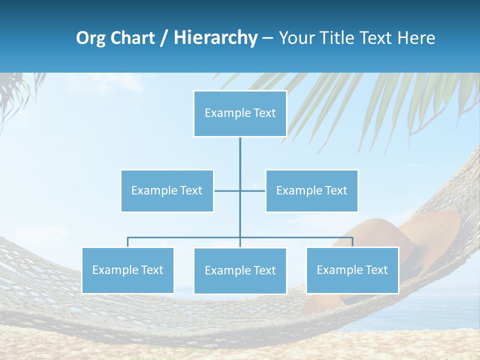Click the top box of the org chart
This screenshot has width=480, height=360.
pyautogui.click(x=240, y=113)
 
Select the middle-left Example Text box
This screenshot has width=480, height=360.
pyautogui.click(x=167, y=190)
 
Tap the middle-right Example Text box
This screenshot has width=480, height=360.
pyautogui.click(x=311, y=190)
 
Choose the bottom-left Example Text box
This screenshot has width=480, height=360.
pyautogui.click(x=128, y=270)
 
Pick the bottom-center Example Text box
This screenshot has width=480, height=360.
pyautogui.click(x=240, y=270)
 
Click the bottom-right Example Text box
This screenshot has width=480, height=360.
pyautogui.click(x=352, y=270)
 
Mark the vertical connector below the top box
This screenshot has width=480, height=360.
pyautogui.click(x=240, y=160)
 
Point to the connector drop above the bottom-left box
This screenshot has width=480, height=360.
pyautogui.click(x=128, y=242)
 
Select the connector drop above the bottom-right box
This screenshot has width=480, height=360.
pyautogui.click(x=352, y=242)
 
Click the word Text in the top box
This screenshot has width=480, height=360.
pyautogui.click(x=264, y=113)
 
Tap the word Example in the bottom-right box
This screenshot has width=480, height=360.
pyautogui.click(x=340, y=270)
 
